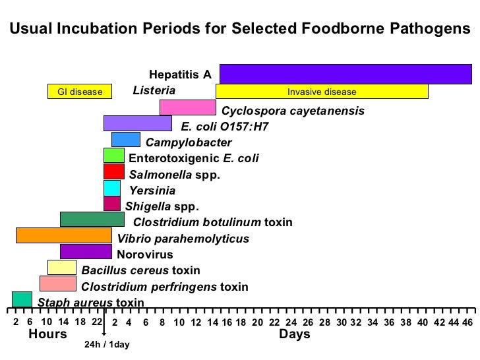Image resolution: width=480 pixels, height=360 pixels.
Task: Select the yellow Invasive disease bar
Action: coord(322,92)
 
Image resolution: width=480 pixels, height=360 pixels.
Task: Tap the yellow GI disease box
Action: coord(80,92)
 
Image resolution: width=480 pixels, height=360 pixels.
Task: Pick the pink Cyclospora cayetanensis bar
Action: coord(188,107)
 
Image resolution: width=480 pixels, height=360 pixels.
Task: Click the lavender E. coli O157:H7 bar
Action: coord(138,123)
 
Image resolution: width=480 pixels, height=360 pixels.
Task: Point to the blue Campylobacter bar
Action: coord(126,139)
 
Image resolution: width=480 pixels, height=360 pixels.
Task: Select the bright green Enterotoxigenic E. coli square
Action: coord(114,156)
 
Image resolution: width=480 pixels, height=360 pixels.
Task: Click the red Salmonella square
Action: coord(114,171)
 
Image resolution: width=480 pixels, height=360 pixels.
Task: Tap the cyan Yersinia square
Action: coord(112,188)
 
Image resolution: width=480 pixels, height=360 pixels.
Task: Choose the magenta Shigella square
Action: coord(112,204)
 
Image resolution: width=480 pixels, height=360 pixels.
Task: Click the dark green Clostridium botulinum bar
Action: coord(92,219)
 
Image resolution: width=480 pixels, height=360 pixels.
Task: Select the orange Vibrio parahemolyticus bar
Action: coord(63,235)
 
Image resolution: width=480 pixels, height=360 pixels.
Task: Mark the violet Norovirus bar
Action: coord(86,251)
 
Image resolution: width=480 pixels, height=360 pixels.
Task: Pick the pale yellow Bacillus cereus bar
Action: coord(62,267)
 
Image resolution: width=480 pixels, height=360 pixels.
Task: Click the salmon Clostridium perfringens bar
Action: coord(58,283)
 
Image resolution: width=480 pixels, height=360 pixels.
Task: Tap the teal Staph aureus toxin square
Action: coord(22,299)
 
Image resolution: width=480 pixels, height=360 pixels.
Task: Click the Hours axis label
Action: coord(47,334)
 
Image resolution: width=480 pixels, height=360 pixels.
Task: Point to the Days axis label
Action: coord(295,334)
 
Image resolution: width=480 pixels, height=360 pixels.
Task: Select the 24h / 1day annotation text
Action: coord(107,345)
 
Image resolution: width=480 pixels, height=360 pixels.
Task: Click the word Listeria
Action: coord(154,90)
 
